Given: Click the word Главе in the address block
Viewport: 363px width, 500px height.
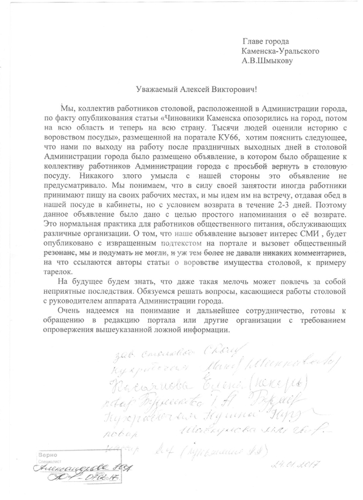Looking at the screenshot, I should click(x=254, y=41).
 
